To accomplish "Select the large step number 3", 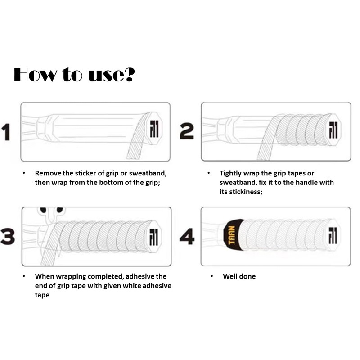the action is coord(8,236).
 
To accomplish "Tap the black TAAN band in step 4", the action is coord(234,234).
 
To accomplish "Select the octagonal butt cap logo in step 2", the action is coord(333,129).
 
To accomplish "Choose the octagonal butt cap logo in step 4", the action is coord(333,235).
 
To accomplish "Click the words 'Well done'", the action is coord(239,276).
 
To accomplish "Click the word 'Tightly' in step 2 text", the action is coord(231,173).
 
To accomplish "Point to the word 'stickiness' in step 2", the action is coord(246,192).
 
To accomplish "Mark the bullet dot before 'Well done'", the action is coord(211,276).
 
